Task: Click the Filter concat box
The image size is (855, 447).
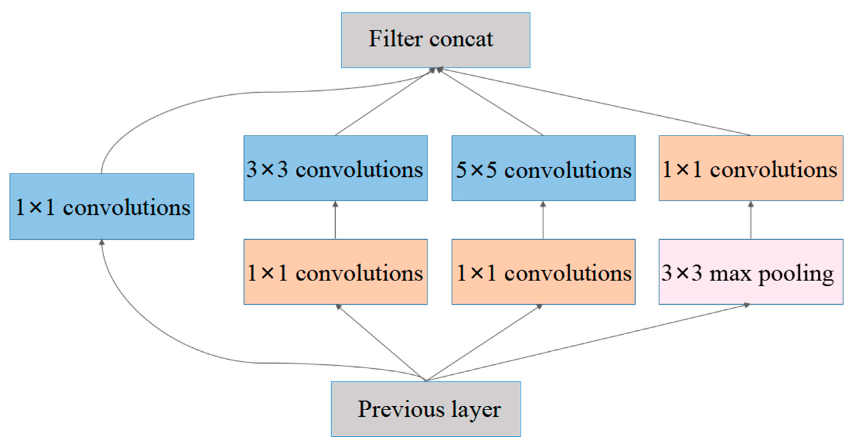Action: [x=436, y=40]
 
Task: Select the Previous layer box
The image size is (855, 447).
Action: [x=426, y=409]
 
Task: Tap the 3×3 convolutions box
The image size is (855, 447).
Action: [x=335, y=168]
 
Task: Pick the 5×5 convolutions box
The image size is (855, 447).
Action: [x=543, y=168]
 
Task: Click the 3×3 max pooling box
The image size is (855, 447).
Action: [x=751, y=272]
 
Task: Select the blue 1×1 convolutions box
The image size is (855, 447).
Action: [x=102, y=206]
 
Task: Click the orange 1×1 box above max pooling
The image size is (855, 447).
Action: [x=751, y=168]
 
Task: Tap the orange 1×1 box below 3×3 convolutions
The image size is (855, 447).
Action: [x=335, y=272]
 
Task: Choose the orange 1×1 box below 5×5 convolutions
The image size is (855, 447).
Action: [x=543, y=272]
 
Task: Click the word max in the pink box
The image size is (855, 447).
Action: [x=730, y=274]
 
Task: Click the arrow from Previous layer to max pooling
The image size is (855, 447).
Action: [x=591, y=342]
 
